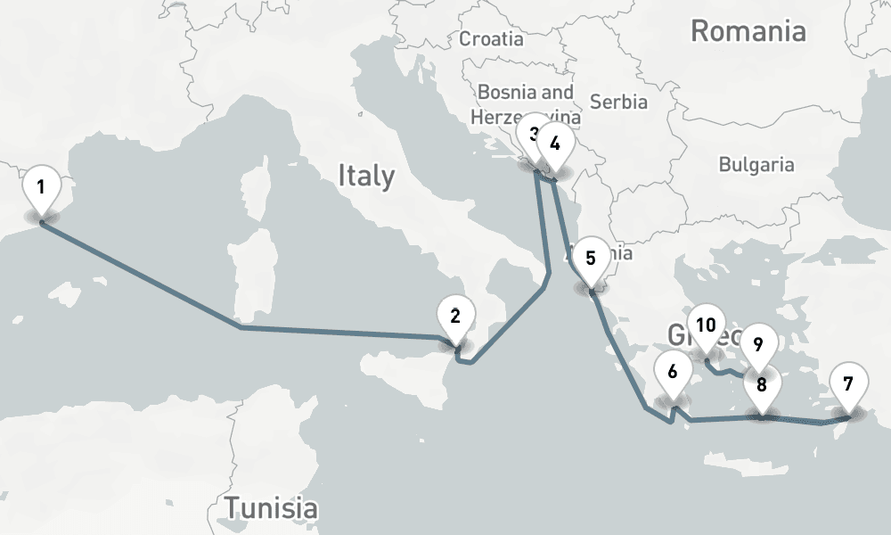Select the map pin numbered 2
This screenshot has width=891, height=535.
pos(456,317)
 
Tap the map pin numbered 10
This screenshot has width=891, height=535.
pos(707,325)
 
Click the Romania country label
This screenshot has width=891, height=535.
pos(748,32)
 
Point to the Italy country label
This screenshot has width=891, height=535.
pos(365,176)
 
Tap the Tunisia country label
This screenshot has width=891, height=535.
pos(271,507)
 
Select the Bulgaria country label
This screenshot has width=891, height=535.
pos(756,164)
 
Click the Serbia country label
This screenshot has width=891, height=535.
pos(618,102)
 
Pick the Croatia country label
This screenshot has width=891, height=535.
pos(491,38)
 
